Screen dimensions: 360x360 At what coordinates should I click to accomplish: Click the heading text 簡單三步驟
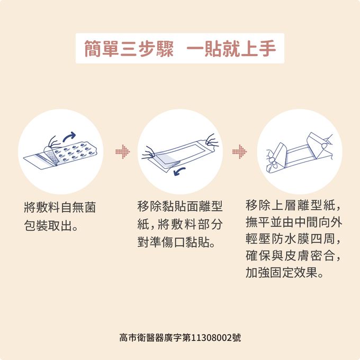(x=129, y=49)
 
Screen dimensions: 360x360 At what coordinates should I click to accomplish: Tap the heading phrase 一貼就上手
(x=231, y=49)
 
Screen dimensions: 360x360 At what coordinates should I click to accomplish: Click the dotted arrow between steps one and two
(x=123, y=151)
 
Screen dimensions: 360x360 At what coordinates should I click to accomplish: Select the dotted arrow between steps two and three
(x=240, y=151)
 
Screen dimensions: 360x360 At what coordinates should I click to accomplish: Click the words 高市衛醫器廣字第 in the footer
(x=155, y=338)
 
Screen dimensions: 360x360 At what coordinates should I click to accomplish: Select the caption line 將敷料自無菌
(x=60, y=208)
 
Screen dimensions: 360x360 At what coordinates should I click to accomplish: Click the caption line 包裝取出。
(x=51, y=226)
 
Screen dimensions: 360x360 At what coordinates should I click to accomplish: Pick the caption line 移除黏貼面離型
(x=180, y=206)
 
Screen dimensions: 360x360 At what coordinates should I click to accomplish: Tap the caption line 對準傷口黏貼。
(x=176, y=242)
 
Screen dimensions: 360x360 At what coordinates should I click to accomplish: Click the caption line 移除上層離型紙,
(x=293, y=205)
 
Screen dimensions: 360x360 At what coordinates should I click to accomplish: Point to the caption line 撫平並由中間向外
(x=294, y=222)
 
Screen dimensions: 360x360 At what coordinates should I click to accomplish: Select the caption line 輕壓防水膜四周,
(x=293, y=239)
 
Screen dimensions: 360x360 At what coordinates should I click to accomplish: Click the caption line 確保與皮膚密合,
(x=293, y=256)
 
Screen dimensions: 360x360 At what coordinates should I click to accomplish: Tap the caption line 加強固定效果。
(x=285, y=273)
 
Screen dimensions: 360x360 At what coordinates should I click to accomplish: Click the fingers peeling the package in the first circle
(x=53, y=142)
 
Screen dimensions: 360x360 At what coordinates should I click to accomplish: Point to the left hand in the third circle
(x=273, y=159)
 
